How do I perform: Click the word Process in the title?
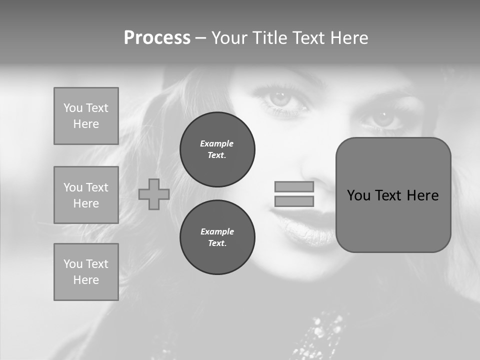coord(157,38)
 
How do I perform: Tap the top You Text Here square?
coord(86,116)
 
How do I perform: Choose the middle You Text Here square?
coord(86,195)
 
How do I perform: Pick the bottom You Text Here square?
coord(86,272)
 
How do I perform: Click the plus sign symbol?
coord(154,194)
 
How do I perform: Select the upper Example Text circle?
coord(217,149)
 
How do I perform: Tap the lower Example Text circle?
coord(217,237)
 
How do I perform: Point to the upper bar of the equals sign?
coord(294,187)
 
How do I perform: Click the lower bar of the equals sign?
coord(294,201)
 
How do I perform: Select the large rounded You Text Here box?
coord(393,195)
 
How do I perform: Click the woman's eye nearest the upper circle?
coord(280,98)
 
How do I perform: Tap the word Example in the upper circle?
coord(217,143)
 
